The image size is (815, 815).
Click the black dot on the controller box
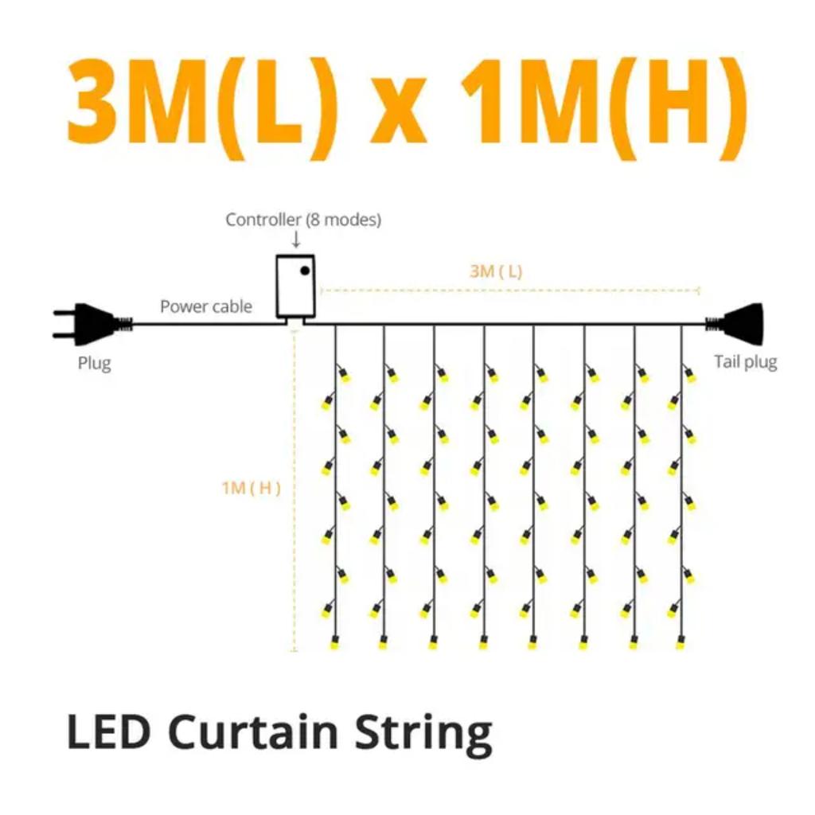(305, 271)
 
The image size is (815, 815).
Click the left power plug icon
(92, 324)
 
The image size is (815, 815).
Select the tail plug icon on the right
(734, 324)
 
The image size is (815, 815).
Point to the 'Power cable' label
(206, 306)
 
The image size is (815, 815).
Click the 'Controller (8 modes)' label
(303, 220)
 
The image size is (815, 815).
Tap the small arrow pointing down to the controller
(296, 239)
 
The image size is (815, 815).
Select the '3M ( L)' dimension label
(496, 271)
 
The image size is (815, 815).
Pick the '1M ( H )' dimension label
(251, 488)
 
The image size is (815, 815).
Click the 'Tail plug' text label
(745, 362)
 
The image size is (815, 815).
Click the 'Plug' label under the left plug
(94, 363)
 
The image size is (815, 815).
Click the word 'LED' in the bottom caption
(108, 731)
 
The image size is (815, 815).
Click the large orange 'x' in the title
(398, 110)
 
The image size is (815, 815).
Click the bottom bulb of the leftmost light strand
(333, 642)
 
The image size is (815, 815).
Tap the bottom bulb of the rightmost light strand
(680, 642)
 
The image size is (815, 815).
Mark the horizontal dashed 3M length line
(510, 290)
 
